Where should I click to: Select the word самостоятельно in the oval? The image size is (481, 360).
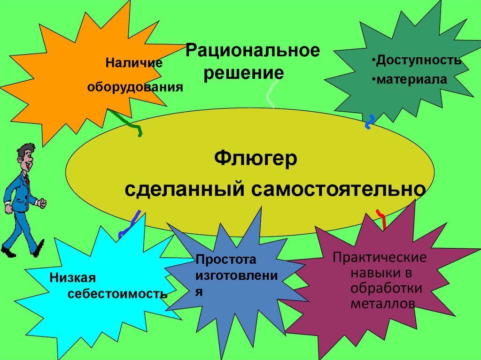339,190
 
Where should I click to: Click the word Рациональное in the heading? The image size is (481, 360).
253,51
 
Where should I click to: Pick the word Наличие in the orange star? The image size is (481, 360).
133,62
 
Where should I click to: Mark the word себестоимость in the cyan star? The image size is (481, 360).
117,294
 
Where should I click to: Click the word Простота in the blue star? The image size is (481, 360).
227,260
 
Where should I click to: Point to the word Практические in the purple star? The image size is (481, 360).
380,258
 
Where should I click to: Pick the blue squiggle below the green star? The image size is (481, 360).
370,122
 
